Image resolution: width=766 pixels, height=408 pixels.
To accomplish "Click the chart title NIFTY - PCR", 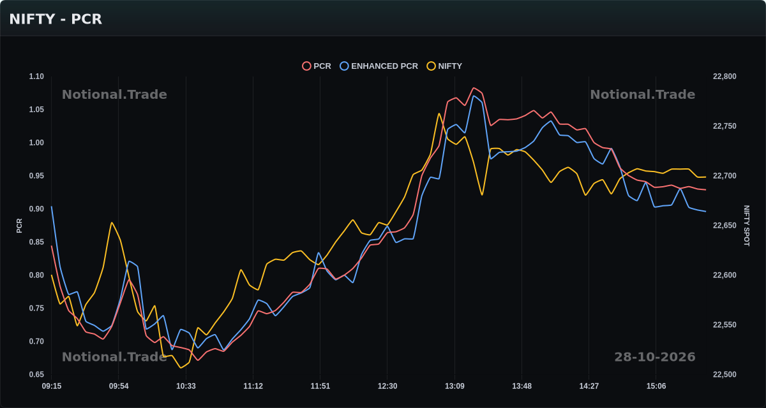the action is pos(56,19).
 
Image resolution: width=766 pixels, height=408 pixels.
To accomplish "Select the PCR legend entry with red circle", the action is pos(317,66).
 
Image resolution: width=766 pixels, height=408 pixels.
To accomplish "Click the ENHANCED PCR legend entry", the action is pos(379,66).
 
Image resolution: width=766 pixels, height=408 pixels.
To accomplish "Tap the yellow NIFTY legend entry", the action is pos(444,66).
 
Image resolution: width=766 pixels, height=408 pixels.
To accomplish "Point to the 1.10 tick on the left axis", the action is pos(36,76).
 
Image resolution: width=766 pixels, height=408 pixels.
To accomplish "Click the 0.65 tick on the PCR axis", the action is pos(36,375).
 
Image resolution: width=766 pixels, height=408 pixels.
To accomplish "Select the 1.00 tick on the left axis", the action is pos(36,143).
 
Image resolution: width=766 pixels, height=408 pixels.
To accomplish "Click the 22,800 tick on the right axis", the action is pos(725,76).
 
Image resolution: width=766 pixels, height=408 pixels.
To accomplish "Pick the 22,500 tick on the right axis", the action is pos(725,375).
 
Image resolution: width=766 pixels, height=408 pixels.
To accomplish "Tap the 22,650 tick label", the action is pos(725,225).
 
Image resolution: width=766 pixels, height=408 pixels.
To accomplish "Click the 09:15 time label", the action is pos(52,386).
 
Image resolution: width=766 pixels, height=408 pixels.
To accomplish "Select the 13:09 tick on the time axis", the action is pos(454,386).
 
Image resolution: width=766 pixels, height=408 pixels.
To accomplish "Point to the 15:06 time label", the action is pos(656,386).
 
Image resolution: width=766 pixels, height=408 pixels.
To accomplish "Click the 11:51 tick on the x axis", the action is pos(320,386).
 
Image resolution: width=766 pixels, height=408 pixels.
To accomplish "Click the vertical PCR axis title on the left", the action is pos(19,226).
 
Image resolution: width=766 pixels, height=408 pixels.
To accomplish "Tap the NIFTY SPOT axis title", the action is pos(746,226).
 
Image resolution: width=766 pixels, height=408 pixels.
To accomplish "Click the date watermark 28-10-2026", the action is pos(655,357).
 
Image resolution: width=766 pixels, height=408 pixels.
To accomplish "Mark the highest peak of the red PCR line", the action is pos(474,88).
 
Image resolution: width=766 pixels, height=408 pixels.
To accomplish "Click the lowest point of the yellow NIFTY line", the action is pos(181,368).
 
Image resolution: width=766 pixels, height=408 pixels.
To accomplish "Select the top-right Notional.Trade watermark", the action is pos(643,94).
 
